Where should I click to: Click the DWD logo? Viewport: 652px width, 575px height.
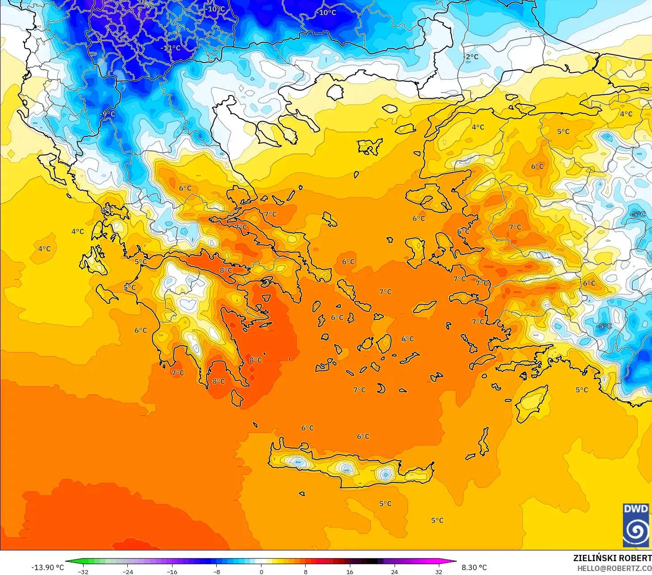[x=636, y=525]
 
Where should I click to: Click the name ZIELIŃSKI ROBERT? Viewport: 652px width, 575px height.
[x=612, y=558]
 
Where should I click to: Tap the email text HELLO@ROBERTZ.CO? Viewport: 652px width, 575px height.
[x=614, y=568]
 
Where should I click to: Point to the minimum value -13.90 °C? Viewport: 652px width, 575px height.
[x=47, y=567]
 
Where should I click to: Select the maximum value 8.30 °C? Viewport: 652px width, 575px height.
[x=474, y=567]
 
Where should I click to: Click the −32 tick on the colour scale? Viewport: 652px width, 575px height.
[x=83, y=571]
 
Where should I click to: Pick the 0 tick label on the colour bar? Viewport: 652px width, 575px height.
[x=261, y=571]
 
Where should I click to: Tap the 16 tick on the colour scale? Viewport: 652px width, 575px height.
[x=350, y=571]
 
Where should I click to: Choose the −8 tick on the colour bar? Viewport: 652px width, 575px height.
[x=217, y=571]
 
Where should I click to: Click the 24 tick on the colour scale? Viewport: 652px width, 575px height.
[x=394, y=571]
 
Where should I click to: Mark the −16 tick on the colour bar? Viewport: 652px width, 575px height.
[x=172, y=571]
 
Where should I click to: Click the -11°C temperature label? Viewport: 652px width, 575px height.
[x=171, y=48]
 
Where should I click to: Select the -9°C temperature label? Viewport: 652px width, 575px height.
[x=108, y=114]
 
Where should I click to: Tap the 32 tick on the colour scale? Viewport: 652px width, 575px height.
[x=438, y=571]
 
